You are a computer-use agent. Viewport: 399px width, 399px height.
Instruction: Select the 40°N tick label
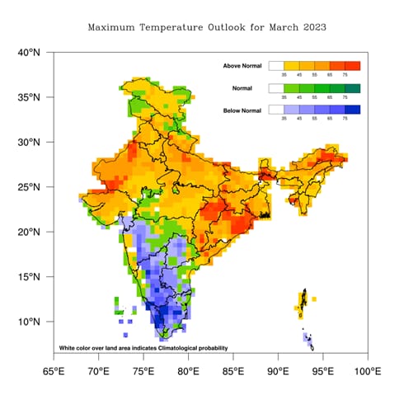29,53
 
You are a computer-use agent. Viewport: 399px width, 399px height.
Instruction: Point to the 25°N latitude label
29,187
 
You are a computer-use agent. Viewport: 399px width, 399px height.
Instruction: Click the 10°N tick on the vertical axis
29,322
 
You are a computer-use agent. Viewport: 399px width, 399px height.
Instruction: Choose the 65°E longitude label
54,371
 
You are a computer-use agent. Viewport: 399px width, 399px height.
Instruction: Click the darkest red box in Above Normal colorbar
352,65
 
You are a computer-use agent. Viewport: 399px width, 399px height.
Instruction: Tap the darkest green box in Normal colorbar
352,87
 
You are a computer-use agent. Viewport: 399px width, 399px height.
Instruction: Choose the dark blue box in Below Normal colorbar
352,110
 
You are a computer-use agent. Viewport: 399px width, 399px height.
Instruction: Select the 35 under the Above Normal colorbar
284,75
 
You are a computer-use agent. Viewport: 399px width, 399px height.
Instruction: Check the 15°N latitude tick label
29,277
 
